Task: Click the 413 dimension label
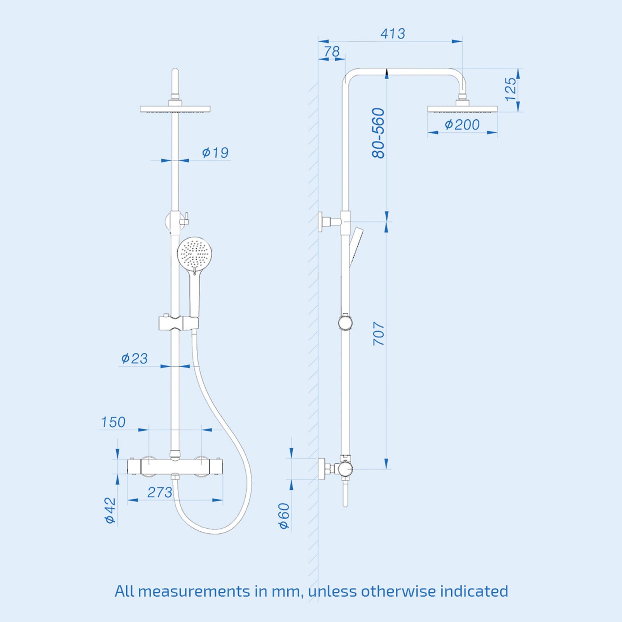coord(393,34)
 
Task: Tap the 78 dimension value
coord(332,51)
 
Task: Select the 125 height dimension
coord(511,89)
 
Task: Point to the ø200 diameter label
coord(462,125)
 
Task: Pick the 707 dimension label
coord(379,334)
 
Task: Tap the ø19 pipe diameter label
coord(215,152)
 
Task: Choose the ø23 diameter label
coord(134,358)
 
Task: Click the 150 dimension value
coord(113,422)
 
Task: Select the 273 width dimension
coord(159,493)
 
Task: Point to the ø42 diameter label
coord(110,510)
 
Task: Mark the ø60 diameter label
coord(284,516)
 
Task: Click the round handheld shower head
coord(194,254)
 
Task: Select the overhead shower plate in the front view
coord(175,109)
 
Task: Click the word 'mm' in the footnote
coord(286,591)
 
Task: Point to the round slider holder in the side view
coord(345,322)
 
